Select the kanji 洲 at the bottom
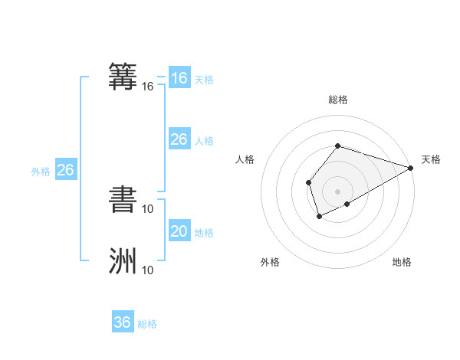pyautogui.click(x=123, y=260)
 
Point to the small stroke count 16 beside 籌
pyautogui.click(x=148, y=87)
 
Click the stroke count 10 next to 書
pyautogui.click(x=148, y=208)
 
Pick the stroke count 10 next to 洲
pyautogui.click(x=148, y=270)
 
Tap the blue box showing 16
pyautogui.click(x=179, y=78)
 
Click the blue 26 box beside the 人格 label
pyautogui.click(x=179, y=139)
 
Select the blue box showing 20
pyautogui.click(x=179, y=231)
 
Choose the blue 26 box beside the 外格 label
pyautogui.click(x=65, y=170)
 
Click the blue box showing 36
pyautogui.click(x=123, y=322)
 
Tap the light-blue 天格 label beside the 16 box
pyautogui.click(x=203, y=80)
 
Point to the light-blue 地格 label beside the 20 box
pyautogui.click(x=203, y=233)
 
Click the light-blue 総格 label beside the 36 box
pyautogui.click(x=147, y=324)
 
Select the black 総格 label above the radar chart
pyautogui.click(x=337, y=100)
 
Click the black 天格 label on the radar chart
pyautogui.click(x=431, y=159)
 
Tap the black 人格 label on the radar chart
pyautogui.click(x=245, y=159)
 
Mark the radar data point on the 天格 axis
pyautogui.click(x=411, y=168)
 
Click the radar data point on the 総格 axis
pyautogui.click(x=337, y=146)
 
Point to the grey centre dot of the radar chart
pyautogui.click(x=337, y=191)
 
